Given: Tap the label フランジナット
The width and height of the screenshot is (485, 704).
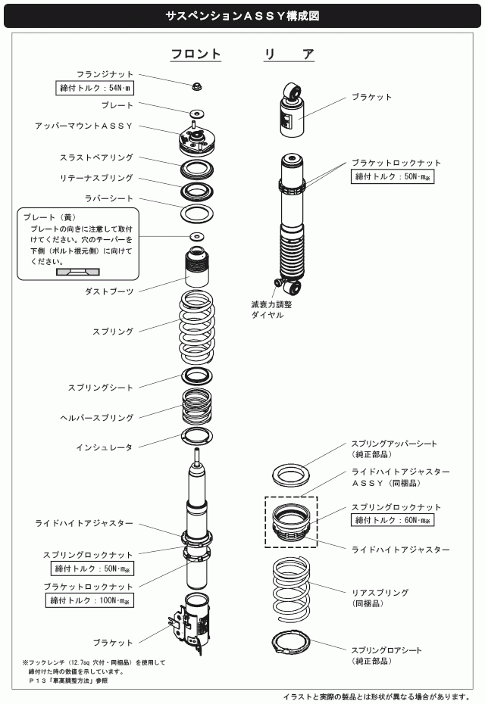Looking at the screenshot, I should pyautogui.click(x=105, y=74).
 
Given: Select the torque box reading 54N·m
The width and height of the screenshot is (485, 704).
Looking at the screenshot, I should pyautogui.click(x=96, y=88).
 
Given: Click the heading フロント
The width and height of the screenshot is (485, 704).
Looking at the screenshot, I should pyautogui.click(x=196, y=55).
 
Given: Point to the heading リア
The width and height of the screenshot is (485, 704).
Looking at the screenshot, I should pyautogui.click(x=289, y=55).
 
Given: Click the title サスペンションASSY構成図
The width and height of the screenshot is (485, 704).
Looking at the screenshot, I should pyautogui.click(x=242, y=14).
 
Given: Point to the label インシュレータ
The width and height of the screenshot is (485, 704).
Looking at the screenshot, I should pyautogui.click(x=104, y=447).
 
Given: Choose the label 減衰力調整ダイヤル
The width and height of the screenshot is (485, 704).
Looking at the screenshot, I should pyautogui.click(x=271, y=309).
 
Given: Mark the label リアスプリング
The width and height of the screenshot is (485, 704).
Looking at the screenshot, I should pyautogui.click(x=380, y=593).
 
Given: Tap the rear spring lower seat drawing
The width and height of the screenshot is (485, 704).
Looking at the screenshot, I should pyautogui.click(x=292, y=643).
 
